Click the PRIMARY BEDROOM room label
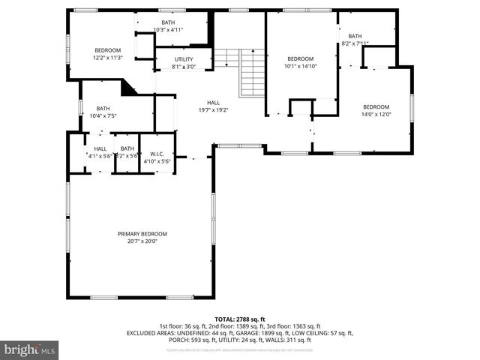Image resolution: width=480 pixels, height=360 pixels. (x=142, y=234)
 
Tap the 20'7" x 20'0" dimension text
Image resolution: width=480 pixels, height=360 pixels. (x=142, y=241)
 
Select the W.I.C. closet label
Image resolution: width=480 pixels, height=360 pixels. (x=157, y=154)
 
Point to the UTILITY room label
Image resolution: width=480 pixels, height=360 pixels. (x=184, y=59)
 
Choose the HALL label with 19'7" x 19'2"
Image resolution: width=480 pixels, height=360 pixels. (x=214, y=103)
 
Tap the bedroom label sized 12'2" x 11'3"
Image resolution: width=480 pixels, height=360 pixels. (x=108, y=50)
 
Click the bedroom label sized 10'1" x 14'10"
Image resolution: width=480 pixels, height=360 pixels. (x=301, y=58)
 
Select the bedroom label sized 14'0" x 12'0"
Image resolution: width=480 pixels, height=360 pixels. (x=376, y=106)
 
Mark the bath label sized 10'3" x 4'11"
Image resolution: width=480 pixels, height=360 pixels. (x=168, y=23)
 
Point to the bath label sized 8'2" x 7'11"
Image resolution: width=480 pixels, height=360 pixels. (x=355, y=36)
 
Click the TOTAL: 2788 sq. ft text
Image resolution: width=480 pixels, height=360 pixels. (x=240, y=319)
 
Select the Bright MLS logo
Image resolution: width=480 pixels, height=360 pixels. (x=29, y=349)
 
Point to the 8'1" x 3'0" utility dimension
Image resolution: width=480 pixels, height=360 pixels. (x=184, y=67)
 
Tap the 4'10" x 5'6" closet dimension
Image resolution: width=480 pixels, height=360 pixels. (x=157, y=160)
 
